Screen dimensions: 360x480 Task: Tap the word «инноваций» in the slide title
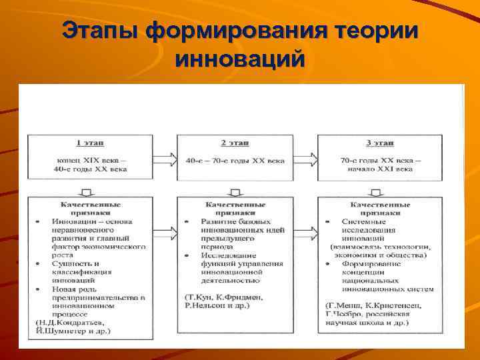click(x=240, y=59)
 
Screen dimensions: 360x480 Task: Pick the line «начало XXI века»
click(x=380, y=169)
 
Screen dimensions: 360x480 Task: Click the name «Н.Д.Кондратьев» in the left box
click(x=63, y=322)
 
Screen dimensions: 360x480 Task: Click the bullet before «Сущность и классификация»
click(x=37, y=264)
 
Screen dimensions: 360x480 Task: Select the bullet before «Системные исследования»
click(x=328, y=221)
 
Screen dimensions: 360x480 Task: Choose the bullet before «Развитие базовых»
click(x=185, y=221)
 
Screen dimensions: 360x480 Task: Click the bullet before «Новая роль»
click(x=37, y=289)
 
